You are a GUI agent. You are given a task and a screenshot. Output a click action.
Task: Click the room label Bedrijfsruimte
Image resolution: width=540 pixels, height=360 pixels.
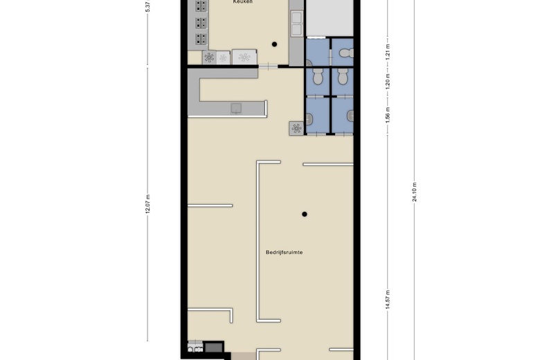tap(284, 252)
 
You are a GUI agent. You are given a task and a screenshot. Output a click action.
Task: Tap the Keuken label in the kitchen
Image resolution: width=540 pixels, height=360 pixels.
tap(242, 3)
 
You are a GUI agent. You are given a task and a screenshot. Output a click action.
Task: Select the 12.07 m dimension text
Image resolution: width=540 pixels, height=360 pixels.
tap(147, 204)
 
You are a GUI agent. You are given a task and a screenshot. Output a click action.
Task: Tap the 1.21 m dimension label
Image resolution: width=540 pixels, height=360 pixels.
tap(388, 52)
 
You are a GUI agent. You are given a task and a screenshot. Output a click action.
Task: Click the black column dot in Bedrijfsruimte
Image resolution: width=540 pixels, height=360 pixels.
tap(304, 214)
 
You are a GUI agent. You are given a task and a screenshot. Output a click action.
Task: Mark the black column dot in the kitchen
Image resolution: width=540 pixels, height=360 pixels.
tap(274, 45)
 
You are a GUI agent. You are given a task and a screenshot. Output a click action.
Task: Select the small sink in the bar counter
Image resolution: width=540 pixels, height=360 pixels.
tap(236, 107)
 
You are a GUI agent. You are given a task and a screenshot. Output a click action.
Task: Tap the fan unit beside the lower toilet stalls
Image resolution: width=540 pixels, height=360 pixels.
tap(296, 128)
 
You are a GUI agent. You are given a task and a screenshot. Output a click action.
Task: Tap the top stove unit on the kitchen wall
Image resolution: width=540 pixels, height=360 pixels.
tap(201, 6)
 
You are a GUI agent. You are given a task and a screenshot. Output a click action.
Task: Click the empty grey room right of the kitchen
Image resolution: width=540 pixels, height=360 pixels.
tap(330, 17)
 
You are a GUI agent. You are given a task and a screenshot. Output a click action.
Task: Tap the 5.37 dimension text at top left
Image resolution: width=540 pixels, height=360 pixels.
tap(147, 7)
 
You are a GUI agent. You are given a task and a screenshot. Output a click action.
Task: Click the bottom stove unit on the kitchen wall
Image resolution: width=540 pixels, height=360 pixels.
tap(201, 39)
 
